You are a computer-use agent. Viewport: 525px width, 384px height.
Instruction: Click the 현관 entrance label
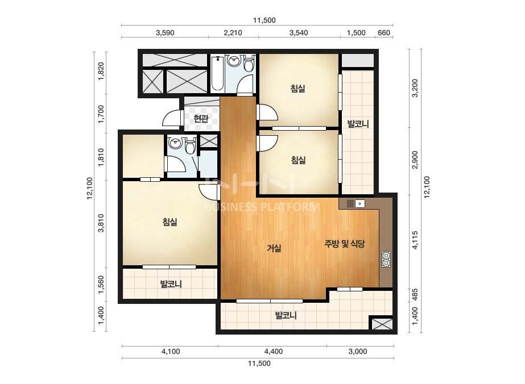tap(201, 118)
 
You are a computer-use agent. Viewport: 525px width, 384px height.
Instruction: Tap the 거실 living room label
tap(274, 248)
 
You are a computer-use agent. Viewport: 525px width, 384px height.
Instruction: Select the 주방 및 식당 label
tap(345, 244)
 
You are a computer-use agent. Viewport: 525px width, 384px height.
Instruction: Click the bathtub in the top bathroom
tap(217, 74)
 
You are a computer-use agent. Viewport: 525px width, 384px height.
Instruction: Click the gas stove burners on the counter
tap(386, 259)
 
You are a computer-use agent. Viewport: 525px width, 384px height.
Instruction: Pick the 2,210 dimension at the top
tap(233, 33)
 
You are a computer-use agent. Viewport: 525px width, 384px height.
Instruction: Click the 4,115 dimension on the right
tap(415, 240)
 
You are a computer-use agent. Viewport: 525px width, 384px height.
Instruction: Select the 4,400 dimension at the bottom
tap(274, 351)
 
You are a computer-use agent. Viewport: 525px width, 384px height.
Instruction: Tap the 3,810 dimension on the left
tap(101, 223)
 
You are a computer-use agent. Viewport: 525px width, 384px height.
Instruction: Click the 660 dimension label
tap(384, 33)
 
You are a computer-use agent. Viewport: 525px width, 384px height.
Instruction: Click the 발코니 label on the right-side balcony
tap(358, 124)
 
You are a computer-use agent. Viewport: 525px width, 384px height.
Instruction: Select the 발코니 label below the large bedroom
tap(171, 285)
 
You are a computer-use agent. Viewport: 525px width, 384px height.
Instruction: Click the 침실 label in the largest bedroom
tap(170, 222)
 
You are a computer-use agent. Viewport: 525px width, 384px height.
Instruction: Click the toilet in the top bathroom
tap(249, 64)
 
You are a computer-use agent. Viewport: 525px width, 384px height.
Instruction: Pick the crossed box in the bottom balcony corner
tap(381, 323)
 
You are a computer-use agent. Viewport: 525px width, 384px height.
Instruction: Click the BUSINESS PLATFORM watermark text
tap(262, 207)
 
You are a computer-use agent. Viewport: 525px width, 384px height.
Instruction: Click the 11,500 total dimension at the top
tap(264, 20)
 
